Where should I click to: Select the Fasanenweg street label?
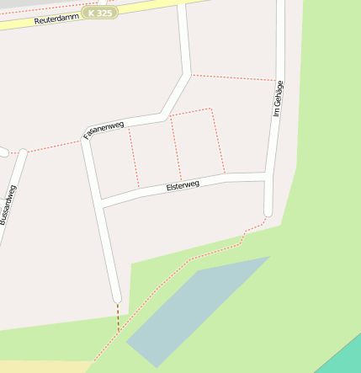coord(103,130)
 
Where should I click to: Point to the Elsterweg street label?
coord(183,185)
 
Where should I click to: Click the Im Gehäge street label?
coord(279,99)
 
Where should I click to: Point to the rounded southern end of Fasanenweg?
coord(117,296)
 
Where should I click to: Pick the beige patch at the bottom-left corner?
coord(34,367)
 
